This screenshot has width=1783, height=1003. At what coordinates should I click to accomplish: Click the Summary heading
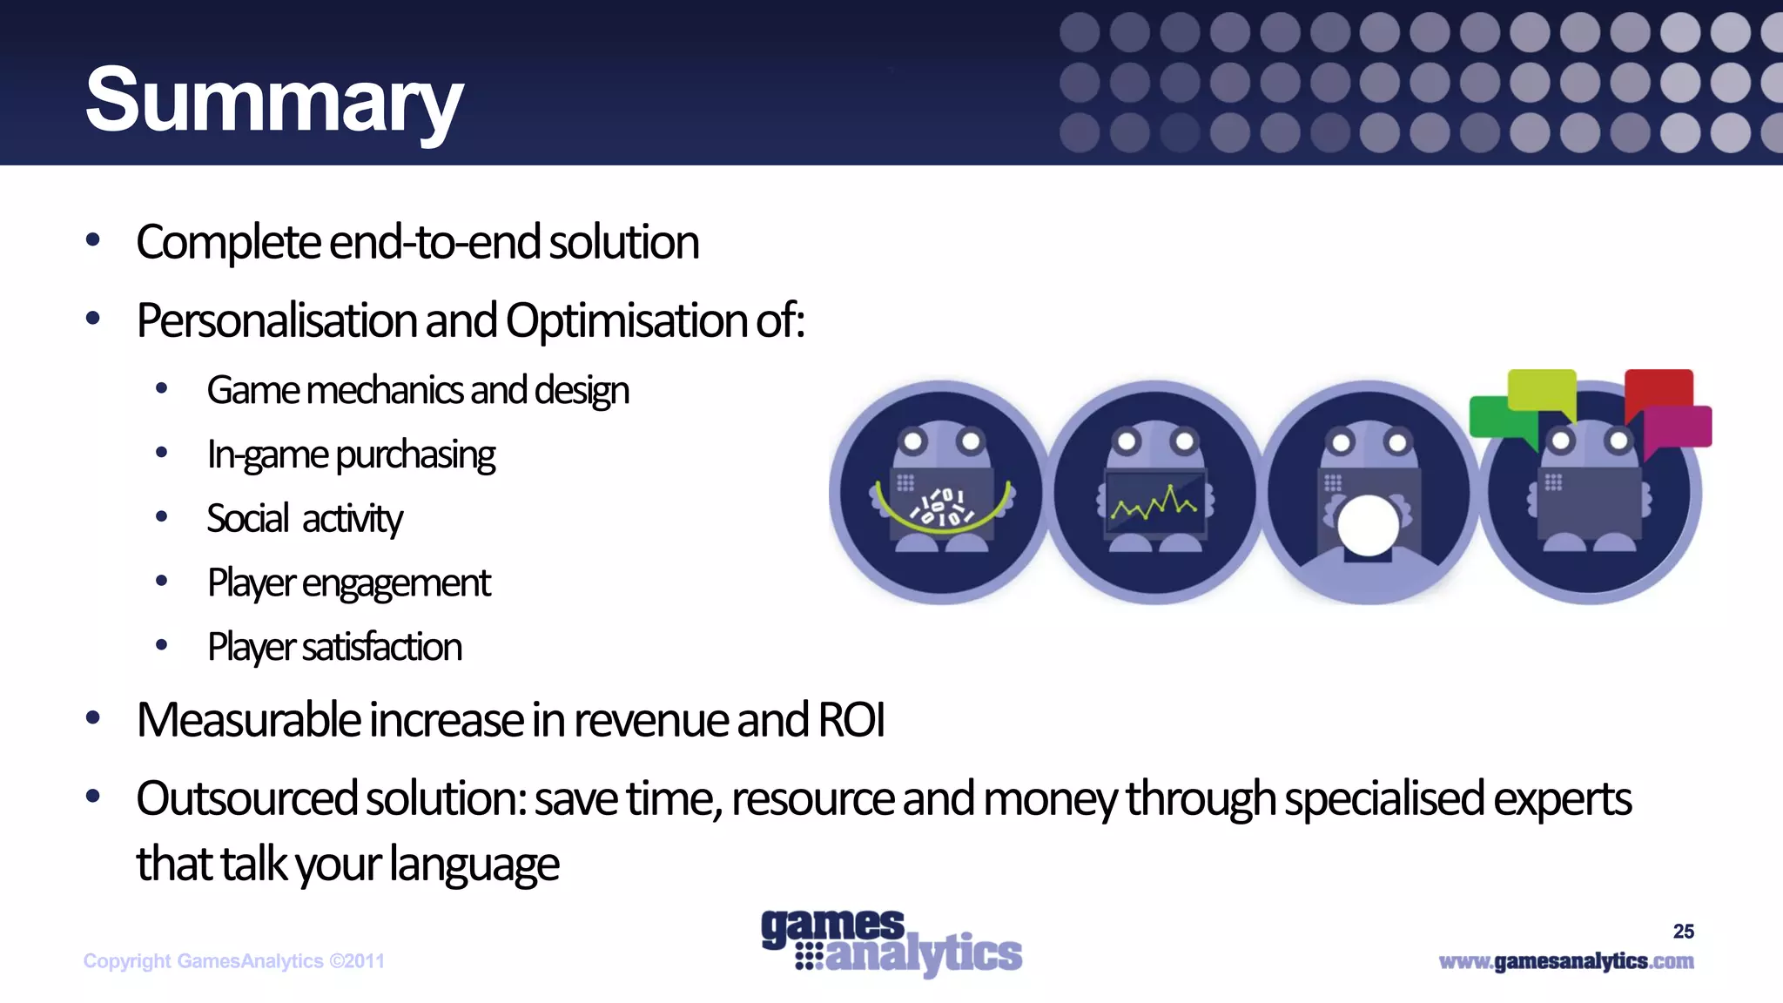click(x=274, y=101)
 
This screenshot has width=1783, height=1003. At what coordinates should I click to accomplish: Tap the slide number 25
click(x=1683, y=932)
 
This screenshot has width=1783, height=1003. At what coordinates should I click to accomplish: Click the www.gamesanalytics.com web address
click(x=1565, y=961)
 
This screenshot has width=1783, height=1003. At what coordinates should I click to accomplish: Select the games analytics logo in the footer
click(x=891, y=942)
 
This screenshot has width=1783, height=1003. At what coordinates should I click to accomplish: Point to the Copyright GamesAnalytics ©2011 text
click(x=233, y=961)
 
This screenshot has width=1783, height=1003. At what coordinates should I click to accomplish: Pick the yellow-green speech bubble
click(x=1541, y=389)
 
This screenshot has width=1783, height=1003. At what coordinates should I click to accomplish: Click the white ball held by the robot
click(x=1368, y=525)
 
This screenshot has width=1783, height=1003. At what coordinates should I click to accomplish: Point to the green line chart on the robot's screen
click(x=1154, y=503)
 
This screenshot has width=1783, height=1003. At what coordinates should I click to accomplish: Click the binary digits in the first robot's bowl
click(x=942, y=508)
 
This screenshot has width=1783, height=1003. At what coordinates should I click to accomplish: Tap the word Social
click(x=248, y=519)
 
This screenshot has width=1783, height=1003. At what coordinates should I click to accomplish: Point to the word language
click(x=474, y=865)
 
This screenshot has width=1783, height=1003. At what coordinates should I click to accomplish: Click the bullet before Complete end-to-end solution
click(x=93, y=240)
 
